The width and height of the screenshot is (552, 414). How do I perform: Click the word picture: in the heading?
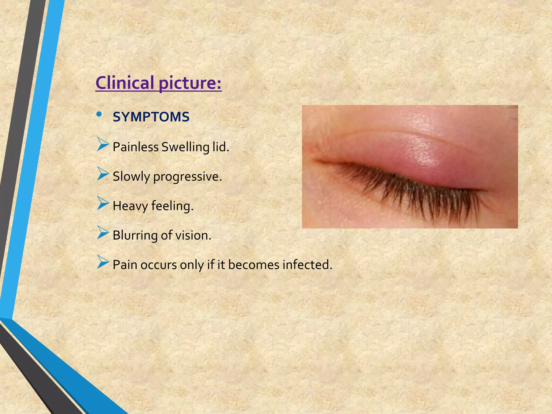point(190,83)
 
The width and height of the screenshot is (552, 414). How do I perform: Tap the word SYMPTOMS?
point(151,117)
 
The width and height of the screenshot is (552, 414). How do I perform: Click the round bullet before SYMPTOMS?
point(99,114)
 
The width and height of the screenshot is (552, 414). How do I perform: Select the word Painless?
point(136,147)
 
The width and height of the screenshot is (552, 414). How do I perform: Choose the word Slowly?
point(131,177)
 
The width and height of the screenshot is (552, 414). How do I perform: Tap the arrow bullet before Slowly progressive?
point(103,174)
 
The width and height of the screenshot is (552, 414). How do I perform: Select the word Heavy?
point(130,206)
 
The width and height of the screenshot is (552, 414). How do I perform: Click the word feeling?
point(172,206)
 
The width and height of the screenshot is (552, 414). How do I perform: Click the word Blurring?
point(135,236)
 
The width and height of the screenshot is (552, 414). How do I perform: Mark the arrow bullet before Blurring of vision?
point(103,232)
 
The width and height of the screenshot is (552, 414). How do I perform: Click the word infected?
point(307,265)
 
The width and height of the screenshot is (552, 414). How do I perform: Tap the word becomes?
point(254,265)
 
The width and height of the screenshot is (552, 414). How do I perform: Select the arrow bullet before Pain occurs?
point(103,262)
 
